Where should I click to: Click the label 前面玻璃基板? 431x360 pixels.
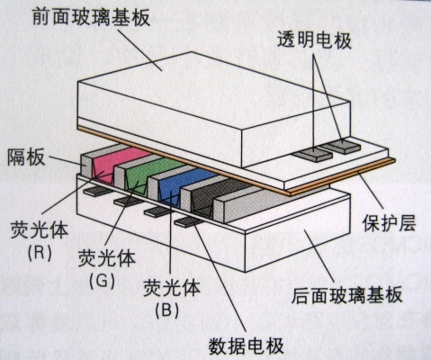tap(91, 17)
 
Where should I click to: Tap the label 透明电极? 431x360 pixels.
tap(314, 40)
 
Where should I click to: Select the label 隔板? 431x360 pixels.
tap(26, 157)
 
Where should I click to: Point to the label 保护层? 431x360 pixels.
tap(389, 222)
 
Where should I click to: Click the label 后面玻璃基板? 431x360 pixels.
tap(346, 295)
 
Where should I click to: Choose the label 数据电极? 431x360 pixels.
tap(247, 346)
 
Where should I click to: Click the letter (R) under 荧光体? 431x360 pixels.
tap(40, 254)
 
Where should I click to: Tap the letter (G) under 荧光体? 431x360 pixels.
tap(102, 281)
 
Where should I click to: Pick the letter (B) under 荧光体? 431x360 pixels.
tap(167, 310)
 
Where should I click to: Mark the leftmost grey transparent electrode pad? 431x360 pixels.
tap(312, 155)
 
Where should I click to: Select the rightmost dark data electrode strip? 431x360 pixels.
tap(188, 222)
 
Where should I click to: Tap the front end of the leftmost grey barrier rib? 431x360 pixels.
tap(85, 166)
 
